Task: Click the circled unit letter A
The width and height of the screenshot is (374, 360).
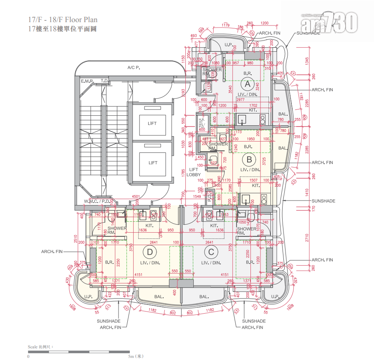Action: coord(248,84)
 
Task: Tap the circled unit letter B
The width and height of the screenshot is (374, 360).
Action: coord(249,159)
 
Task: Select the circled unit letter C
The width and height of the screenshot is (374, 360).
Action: coord(211,252)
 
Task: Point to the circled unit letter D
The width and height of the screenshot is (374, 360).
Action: coord(149,252)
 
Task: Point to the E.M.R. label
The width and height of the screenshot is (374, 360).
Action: coord(88,81)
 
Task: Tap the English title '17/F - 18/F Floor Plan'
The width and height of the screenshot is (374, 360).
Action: coord(63,20)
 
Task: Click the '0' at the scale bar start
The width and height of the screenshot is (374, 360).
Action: coord(28,356)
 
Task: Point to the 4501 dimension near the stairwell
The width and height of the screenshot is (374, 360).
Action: coord(136,196)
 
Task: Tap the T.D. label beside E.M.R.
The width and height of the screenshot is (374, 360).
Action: coord(104,81)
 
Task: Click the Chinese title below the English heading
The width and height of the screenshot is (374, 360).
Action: coord(62,29)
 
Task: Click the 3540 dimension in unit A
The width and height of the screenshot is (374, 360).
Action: coord(230,89)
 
